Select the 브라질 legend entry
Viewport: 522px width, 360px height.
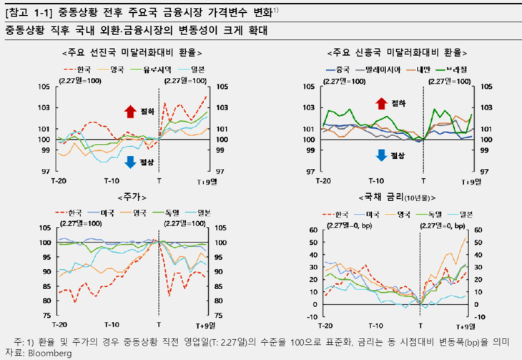(455, 69)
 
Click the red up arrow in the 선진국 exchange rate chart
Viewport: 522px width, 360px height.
(130, 111)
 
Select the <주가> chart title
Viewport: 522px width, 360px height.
(130, 196)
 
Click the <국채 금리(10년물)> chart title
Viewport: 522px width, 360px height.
(394, 196)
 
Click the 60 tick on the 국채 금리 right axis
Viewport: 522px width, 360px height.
(478, 230)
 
